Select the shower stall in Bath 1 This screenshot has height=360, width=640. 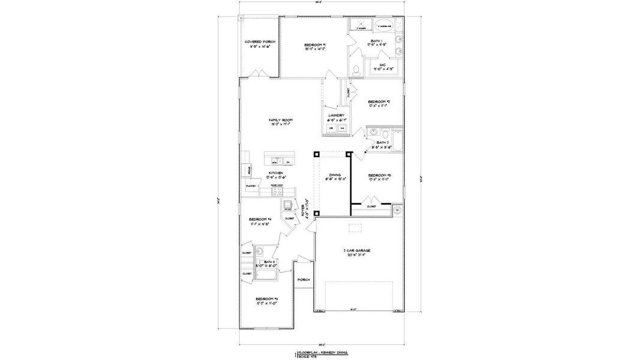tap(360, 26)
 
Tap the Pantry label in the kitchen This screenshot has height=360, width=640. tap(251, 186)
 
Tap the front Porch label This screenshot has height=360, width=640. tap(303, 280)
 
